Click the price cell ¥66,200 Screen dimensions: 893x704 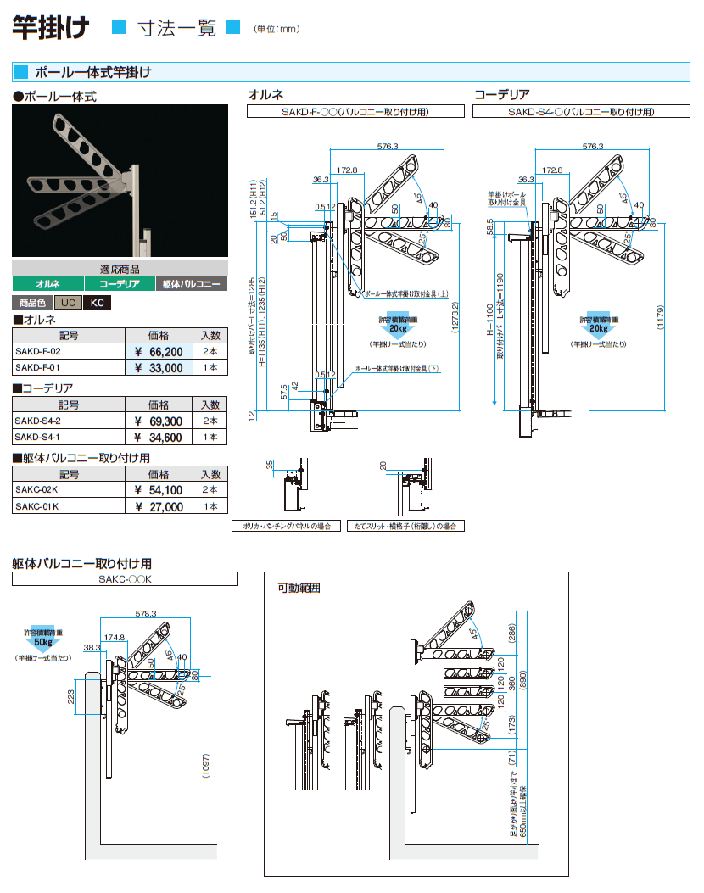coord(159,351)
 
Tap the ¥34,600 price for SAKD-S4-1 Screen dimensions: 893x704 coord(159,438)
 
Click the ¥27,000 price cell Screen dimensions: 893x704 coord(159,507)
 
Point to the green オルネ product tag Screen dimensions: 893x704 coord(47,285)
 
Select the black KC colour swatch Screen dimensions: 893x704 coord(98,303)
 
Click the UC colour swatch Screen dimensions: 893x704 coord(68,303)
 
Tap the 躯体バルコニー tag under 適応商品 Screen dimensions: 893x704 coord(191,285)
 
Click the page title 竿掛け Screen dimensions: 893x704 coord(51,28)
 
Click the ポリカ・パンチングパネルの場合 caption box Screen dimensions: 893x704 coord(288,526)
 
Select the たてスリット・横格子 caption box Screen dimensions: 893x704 coord(406,526)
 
